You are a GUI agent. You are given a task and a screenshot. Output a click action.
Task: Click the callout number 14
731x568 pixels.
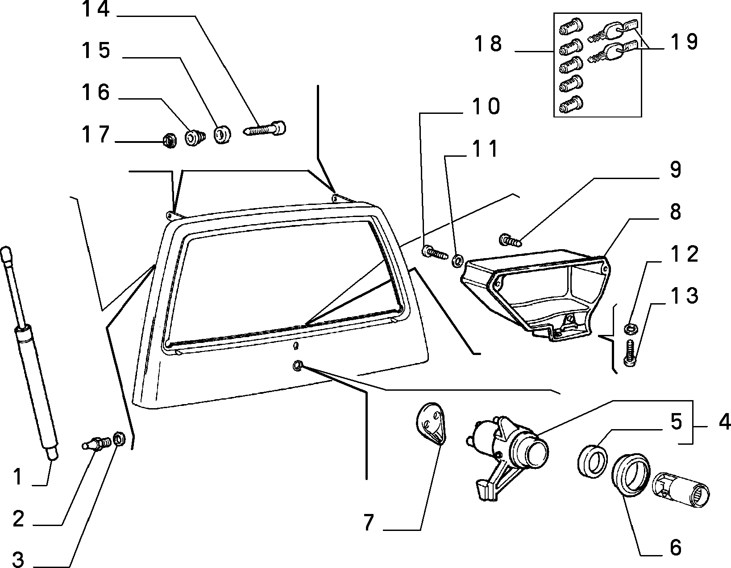pos(96,9)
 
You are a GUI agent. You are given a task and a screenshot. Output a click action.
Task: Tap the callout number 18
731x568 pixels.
pos(488,44)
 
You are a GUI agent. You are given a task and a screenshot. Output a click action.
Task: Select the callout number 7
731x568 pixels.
pos(369,522)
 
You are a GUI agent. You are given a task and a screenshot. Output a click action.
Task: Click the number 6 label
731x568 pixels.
pos(676,547)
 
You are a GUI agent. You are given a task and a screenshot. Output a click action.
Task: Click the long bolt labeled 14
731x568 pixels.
pos(264,129)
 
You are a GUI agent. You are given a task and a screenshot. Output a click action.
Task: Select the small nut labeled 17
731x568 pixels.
pos(170,141)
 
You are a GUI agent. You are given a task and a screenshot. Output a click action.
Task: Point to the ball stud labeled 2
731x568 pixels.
pos(96,443)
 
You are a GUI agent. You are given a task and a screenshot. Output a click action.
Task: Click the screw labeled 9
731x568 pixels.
pos(510,240)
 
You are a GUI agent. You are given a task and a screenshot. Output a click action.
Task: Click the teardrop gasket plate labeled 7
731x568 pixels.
pos(431,423)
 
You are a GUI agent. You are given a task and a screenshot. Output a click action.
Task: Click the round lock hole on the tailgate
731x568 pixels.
pos(298,366)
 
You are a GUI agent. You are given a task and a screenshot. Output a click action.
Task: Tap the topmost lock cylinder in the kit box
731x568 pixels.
pos(571,26)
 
